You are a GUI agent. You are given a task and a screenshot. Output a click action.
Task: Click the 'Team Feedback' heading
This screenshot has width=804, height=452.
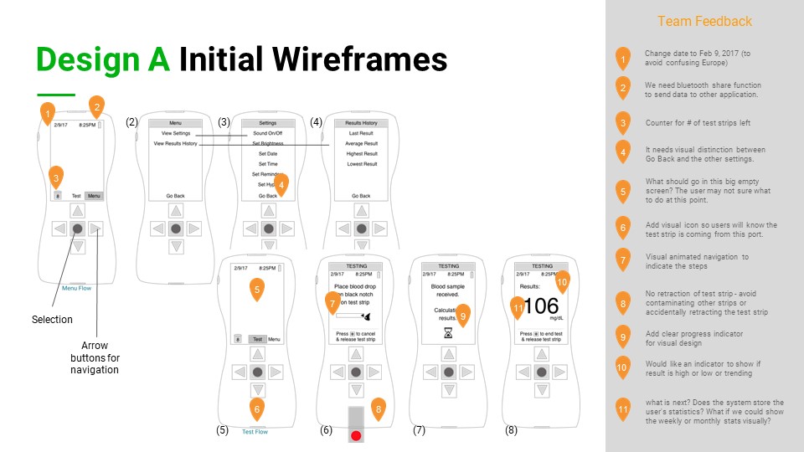click(704, 22)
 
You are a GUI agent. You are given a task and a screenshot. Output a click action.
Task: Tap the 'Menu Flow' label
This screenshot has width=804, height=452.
click(77, 288)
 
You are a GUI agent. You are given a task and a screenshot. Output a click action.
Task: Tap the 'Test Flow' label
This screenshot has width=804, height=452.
click(255, 432)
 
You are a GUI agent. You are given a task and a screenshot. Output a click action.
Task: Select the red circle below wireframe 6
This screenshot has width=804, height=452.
click(356, 435)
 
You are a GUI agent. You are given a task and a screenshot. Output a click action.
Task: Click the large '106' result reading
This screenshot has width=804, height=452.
click(540, 306)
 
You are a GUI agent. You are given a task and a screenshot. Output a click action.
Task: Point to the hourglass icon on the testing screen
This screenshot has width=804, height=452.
click(448, 332)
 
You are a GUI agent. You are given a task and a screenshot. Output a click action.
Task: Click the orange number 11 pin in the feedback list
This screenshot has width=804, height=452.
click(623, 410)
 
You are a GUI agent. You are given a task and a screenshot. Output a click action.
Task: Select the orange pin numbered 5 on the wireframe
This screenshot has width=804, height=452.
click(258, 290)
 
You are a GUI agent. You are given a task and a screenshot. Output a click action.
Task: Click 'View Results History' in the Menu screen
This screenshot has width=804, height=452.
click(179, 144)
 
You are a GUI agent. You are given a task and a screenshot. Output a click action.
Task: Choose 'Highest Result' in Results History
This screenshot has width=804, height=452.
click(362, 154)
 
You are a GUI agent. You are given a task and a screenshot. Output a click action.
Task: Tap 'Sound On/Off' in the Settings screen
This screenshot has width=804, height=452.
click(269, 134)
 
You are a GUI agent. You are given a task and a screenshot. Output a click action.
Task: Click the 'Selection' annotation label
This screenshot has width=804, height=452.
click(52, 320)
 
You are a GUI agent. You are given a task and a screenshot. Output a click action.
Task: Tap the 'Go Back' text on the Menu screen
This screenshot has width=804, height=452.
click(175, 196)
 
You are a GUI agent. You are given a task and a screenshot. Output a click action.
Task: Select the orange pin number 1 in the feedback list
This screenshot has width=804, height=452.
click(623, 59)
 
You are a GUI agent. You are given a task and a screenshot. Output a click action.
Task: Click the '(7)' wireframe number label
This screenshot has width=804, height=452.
click(419, 430)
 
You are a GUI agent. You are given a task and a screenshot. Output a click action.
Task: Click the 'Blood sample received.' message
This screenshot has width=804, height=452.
click(448, 290)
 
